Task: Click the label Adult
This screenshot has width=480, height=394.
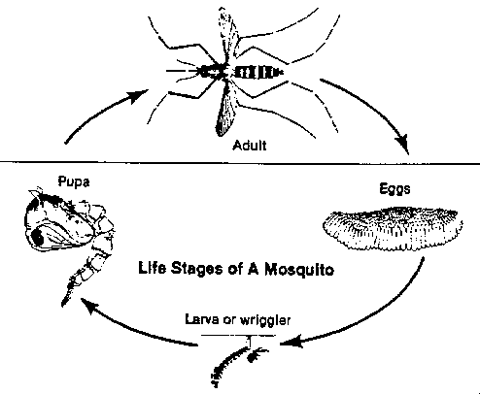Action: pos(250,146)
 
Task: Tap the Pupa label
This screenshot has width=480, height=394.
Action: pos(74,181)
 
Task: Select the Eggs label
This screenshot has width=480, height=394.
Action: pos(394,189)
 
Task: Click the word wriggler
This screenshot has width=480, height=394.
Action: pos(265,320)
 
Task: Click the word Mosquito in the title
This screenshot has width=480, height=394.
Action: pos(299,269)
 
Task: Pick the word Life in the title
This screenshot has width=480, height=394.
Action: pos(153,268)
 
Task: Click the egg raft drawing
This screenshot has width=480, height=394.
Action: pos(393,229)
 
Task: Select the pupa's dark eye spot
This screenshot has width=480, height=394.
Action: pos(38,237)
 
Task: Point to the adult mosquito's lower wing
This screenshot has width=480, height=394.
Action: pos(226,109)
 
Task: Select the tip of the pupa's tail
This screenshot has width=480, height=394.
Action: pos(63,305)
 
